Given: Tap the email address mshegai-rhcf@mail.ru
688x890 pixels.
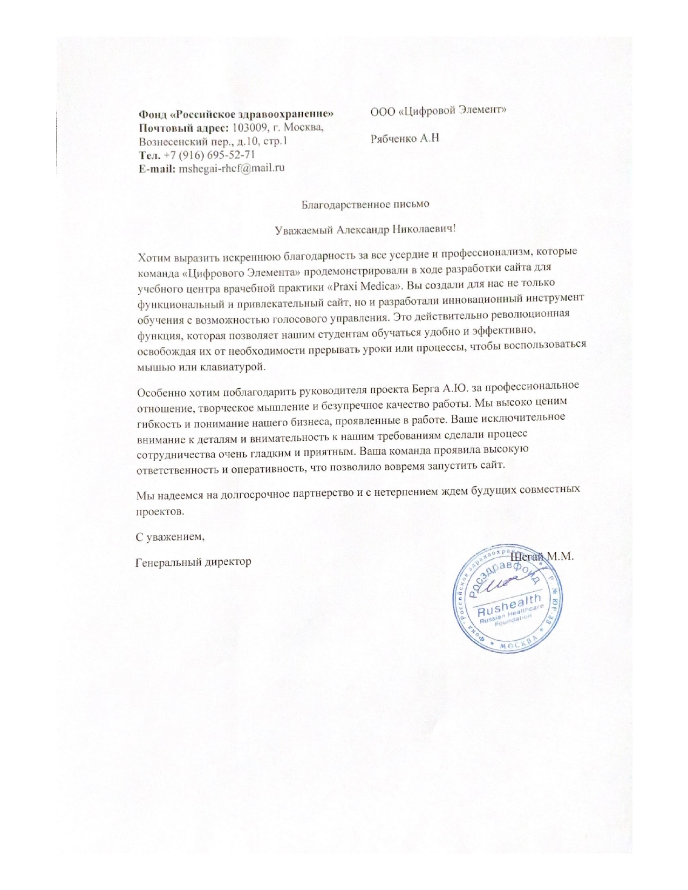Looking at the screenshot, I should (x=231, y=168).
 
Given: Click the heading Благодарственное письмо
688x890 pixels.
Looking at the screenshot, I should (x=365, y=204).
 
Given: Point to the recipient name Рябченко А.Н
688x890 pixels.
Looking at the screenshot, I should (x=405, y=138).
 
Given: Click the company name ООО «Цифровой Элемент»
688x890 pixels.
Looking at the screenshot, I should (x=438, y=110).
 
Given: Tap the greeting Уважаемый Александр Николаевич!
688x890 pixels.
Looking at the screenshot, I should (x=365, y=229).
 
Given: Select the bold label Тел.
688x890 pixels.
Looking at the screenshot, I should (x=149, y=155).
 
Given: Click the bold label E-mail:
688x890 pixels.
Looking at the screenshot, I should (x=157, y=168).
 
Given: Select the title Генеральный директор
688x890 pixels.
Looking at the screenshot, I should (x=193, y=562).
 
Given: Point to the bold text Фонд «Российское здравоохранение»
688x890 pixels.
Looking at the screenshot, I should (x=236, y=114).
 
